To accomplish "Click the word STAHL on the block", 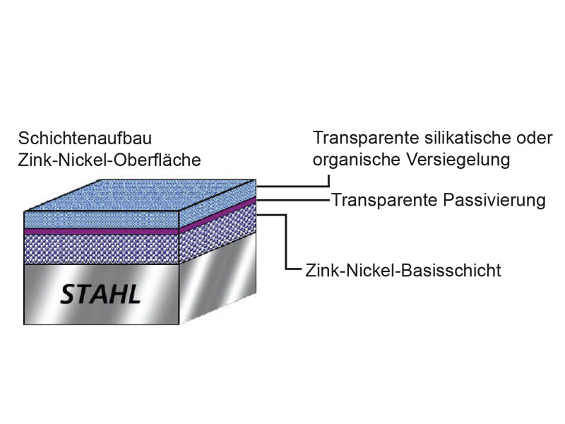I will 100,293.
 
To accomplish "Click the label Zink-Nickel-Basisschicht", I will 404,270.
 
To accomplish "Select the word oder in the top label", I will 535,137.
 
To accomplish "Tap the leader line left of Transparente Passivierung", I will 297,200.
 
